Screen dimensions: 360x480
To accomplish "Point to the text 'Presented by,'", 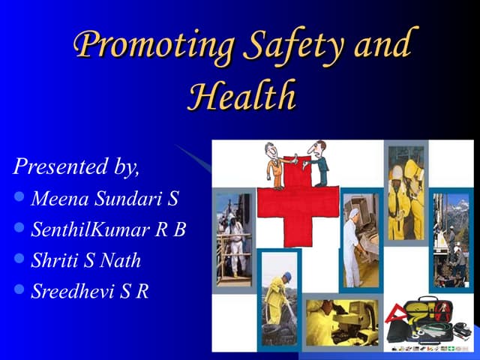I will point(76,166).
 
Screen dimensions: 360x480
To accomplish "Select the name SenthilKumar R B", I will point(108,229).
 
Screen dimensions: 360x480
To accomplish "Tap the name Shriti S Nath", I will point(85,261).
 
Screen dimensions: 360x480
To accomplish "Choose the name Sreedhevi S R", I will point(89,292).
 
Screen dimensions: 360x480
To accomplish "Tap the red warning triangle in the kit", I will point(395,314).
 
